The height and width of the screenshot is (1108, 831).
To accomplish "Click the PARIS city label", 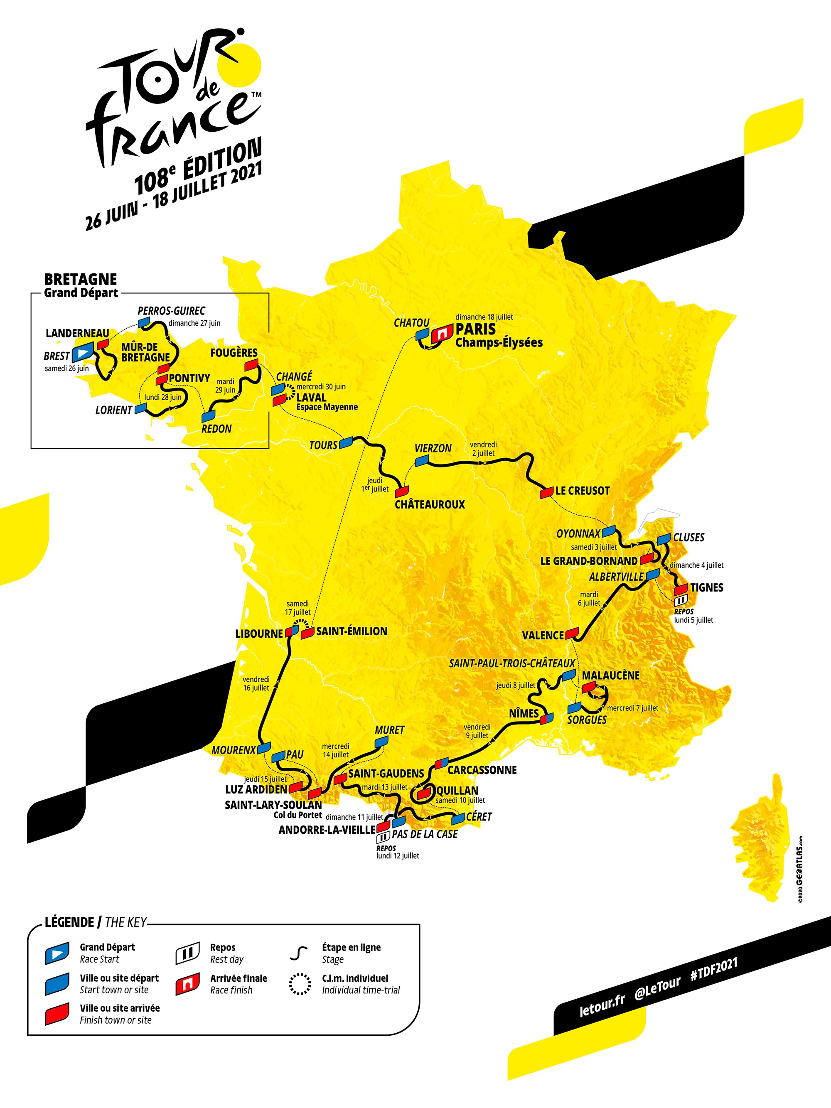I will pos(475,329).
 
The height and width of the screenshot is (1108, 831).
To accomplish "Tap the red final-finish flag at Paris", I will pos(441,335).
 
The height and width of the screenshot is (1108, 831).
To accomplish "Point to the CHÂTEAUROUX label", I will pos(430,504).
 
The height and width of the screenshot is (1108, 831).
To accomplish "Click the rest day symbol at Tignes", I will pos(681,600).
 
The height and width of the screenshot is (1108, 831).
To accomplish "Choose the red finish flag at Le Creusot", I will pos(546,493).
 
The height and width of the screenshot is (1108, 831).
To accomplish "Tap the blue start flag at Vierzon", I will pos(423,460).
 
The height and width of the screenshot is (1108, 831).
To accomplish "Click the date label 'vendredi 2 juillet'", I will pos(483,449).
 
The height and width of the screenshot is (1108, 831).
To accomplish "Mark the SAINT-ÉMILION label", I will pos(352,631).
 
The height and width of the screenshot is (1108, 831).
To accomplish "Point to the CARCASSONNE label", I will pos(482,770).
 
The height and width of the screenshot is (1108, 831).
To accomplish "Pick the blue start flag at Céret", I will pos(458,818).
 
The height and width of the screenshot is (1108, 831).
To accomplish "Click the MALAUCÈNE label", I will pos(611,675).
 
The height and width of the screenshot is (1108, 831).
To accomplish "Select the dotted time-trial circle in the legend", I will pos(300,984).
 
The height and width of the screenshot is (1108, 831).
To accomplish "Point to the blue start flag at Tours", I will pos(346,442).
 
